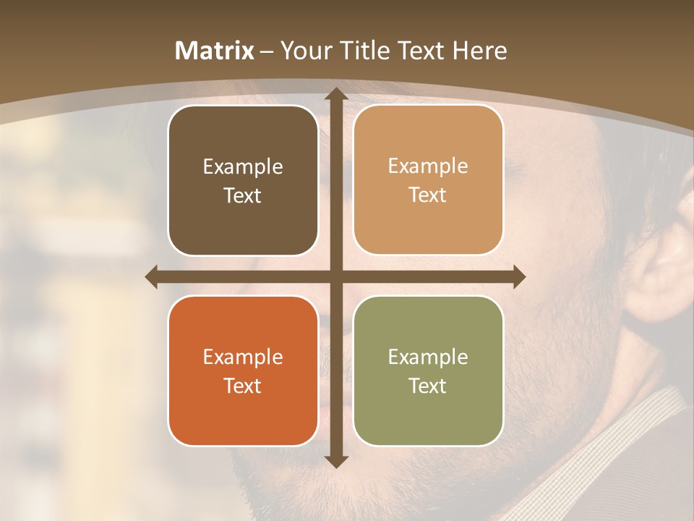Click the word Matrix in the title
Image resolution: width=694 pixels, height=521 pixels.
click(215, 51)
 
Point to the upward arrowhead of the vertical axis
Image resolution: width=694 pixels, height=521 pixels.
click(335, 94)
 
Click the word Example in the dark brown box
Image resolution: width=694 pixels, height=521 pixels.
click(243, 166)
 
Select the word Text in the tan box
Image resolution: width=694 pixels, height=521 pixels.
click(428, 195)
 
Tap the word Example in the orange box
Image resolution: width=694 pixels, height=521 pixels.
click(243, 357)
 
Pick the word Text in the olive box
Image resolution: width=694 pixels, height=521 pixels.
click(428, 386)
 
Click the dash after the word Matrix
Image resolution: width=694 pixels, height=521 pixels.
click(267, 51)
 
